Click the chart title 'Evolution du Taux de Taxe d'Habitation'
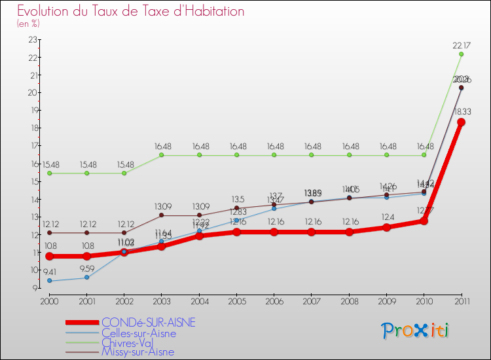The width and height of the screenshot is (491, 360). click(131, 11)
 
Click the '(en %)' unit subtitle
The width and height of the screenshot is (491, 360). click(28, 24)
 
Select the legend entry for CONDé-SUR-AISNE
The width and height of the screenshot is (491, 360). click(148, 323)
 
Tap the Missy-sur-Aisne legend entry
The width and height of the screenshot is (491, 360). click(137, 352)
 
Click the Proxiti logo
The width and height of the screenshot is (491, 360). click(416, 331)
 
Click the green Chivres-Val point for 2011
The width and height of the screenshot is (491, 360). click(462, 54)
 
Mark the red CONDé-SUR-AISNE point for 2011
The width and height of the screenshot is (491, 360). click(462, 122)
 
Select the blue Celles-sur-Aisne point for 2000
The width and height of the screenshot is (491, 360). click(49, 281)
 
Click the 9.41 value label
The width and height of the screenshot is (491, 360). click(49, 272)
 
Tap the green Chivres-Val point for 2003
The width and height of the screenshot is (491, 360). click(162, 155)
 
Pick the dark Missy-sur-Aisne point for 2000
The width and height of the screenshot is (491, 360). click(49, 232)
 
